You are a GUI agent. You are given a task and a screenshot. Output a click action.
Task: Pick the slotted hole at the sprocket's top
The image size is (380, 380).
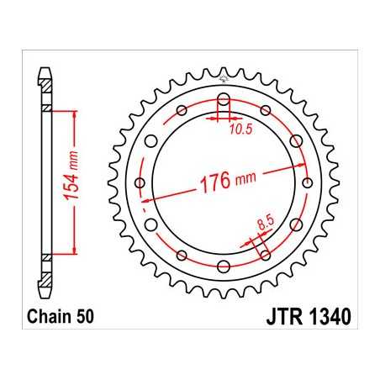pos(224,103)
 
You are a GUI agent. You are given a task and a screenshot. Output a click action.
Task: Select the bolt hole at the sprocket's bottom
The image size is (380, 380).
pos(224,267)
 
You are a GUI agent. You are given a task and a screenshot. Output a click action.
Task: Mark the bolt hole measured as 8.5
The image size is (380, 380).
pos(266,253)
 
